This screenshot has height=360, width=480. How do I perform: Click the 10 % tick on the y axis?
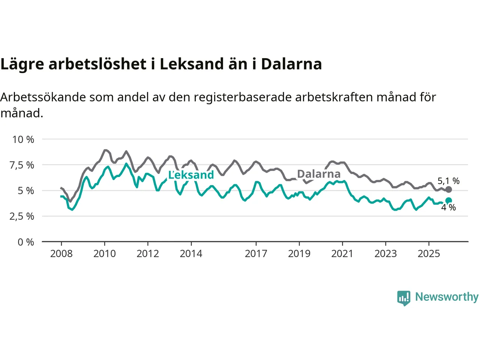[x=23, y=139]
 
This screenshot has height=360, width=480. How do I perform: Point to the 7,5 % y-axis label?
[x=22, y=165]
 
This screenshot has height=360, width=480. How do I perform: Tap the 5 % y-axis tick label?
[x=26, y=190]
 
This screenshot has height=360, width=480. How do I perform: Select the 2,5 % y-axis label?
[x=22, y=216]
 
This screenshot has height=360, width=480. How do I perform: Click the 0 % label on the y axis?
[x=26, y=242]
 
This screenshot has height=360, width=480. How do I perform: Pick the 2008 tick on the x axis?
[x=61, y=254]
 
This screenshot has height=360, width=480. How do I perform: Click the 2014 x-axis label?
[x=191, y=254]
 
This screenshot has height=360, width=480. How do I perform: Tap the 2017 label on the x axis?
[x=256, y=254]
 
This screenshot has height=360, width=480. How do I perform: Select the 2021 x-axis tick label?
[x=342, y=254]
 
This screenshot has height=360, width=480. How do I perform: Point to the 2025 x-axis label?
[x=429, y=254]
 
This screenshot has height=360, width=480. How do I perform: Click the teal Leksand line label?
[x=191, y=175]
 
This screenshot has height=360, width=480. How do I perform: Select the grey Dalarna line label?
[x=319, y=174]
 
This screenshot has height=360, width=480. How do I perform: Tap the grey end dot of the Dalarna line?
[x=448, y=189]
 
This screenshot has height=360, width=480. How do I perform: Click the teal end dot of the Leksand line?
[x=448, y=201]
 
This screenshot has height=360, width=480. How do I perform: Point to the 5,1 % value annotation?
[x=448, y=181]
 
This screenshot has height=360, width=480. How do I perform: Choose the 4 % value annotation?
[x=448, y=207]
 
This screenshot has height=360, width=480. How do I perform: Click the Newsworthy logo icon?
[x=404, y=298]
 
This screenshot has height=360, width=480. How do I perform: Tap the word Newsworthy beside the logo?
[x=447, y=297]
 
